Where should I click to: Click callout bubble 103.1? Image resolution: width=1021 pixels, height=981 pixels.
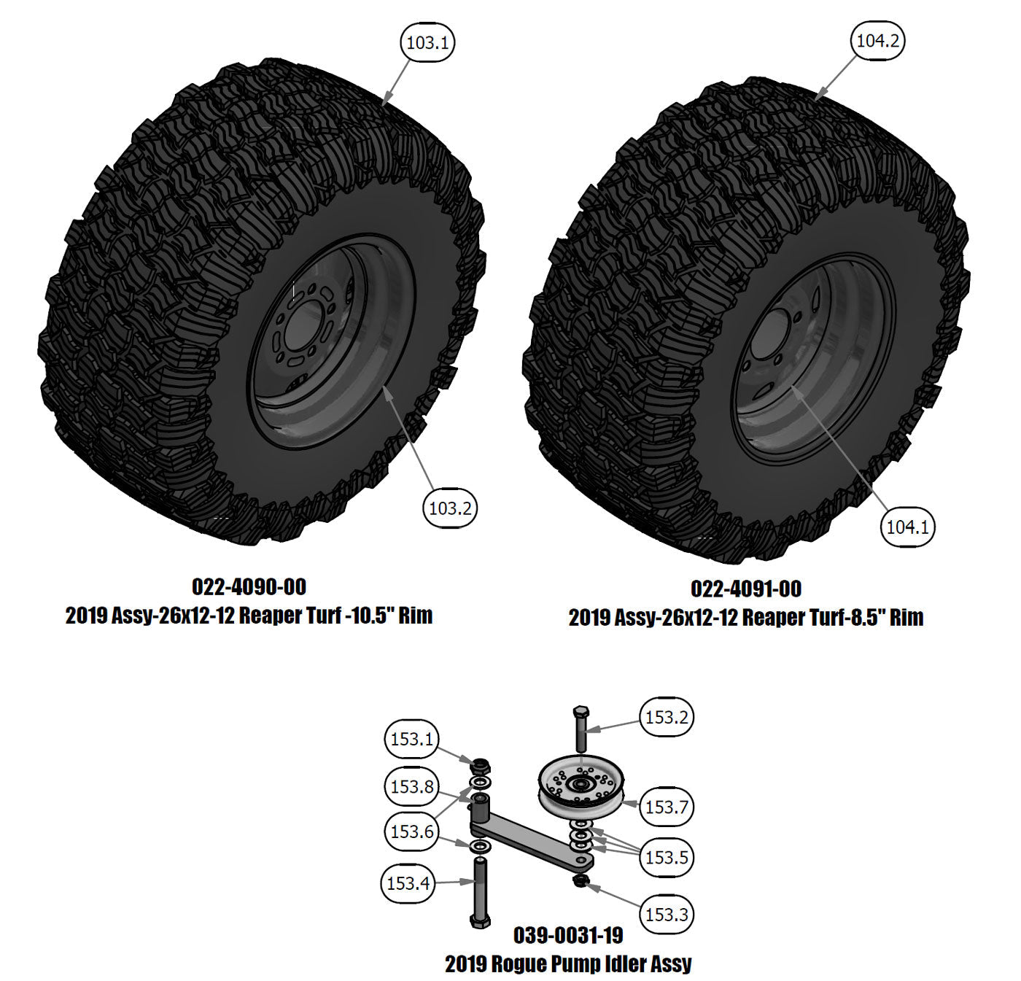(427, 42)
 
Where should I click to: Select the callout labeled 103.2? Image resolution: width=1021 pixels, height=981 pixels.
(450, 508)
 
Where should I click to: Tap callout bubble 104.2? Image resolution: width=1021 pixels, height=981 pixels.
(878, 41)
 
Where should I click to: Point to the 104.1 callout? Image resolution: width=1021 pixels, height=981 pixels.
(908, 526)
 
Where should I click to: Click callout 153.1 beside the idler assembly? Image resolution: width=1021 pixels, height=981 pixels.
(412, 740)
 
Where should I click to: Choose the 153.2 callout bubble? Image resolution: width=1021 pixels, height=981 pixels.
(667, 717)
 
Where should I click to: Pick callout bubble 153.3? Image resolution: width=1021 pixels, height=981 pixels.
(667, 914)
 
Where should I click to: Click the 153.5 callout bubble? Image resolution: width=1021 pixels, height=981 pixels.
(667, 857)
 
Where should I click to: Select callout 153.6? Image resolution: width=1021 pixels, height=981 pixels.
(412, 832)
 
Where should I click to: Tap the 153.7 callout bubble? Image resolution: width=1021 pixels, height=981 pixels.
(667, 807)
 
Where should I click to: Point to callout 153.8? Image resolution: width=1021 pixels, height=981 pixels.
(412, 786)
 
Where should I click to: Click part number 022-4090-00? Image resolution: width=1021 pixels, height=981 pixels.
(249, 587)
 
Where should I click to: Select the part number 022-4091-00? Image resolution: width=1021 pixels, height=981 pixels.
(745, 589)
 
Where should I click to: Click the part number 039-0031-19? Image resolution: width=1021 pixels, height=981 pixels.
(568, 935)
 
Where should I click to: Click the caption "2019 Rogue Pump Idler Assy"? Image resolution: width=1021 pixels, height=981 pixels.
(568, 964)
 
